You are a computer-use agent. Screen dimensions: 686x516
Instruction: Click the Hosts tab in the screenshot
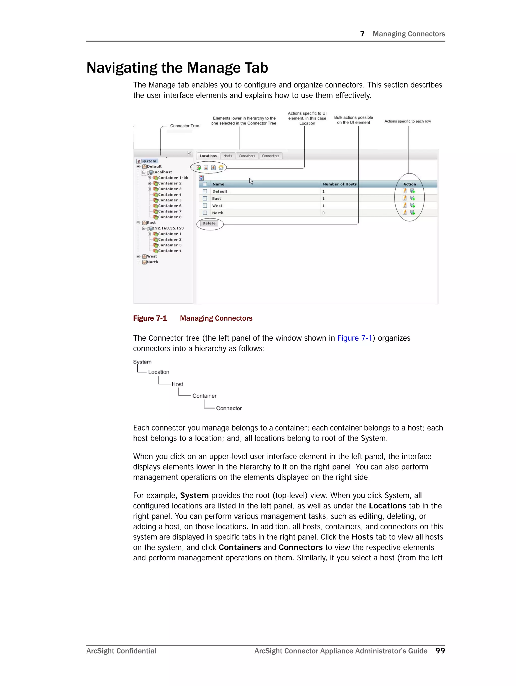(x=227, y=156)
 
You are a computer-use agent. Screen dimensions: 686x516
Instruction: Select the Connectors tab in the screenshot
(x=270, y=156)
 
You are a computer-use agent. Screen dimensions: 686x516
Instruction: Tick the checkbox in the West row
(x=205, y=206)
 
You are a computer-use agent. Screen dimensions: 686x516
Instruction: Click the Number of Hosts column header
(x=339, y=184)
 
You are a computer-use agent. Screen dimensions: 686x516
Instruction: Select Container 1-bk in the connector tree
(x=173, y=178)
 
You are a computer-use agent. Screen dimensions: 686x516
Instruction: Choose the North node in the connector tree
(x=152, y=262)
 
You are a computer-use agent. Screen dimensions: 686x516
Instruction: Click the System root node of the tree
(x=148, y=161)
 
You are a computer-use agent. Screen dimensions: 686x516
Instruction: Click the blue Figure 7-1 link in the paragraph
(x=354, y=338)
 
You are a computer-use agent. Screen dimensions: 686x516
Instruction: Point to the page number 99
(x=440, y=651)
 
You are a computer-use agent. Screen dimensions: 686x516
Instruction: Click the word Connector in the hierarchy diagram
(x=229, y=408)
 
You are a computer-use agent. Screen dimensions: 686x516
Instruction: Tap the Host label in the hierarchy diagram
(x=177, y=384)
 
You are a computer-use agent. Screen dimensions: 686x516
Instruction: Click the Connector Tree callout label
(x=184, y=126)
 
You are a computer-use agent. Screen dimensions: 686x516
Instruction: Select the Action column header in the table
(x=409, y=184)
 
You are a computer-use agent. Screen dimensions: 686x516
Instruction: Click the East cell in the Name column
(x=216, y=198)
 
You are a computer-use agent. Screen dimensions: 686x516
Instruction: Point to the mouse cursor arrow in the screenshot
(x=251, y=181)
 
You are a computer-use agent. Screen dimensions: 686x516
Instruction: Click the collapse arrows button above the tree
(x=189, y=154)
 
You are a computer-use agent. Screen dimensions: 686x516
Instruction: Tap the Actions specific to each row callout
(x=407, y=121)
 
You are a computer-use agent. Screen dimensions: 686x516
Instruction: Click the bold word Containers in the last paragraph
(x=239, y=547)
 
